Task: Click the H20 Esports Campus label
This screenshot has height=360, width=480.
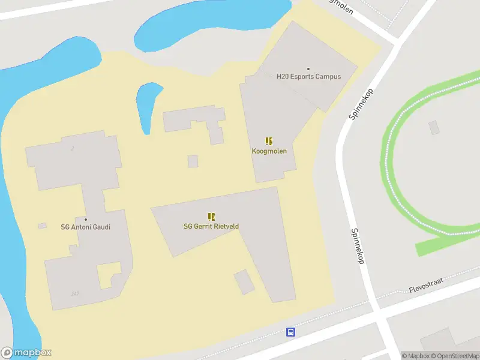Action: [308, 77]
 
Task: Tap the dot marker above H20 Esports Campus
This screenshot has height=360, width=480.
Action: [308, 69]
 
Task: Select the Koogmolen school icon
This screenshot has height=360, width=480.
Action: [269, 142]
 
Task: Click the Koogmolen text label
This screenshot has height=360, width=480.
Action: [269, 151]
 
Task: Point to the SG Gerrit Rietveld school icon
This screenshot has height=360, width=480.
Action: [211, 217]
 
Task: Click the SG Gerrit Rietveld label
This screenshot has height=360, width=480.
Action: [211, 226]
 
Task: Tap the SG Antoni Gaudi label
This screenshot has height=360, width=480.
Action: [86, 227]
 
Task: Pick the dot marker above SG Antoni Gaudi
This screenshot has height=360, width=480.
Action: [86, 220]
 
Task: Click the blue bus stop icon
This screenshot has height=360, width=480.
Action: [290, 332]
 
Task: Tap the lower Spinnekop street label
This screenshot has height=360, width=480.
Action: [358, 246]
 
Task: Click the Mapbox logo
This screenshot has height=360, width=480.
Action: [26, 353]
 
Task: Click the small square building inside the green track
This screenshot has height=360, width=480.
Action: [434, 127]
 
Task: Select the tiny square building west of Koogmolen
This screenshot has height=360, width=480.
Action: [193, 161]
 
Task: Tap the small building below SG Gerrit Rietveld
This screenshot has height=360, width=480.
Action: [244, 281]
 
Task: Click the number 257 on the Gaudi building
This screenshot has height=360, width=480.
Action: [75, 293]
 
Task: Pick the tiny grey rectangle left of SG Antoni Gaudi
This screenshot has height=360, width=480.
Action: [42, 226]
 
